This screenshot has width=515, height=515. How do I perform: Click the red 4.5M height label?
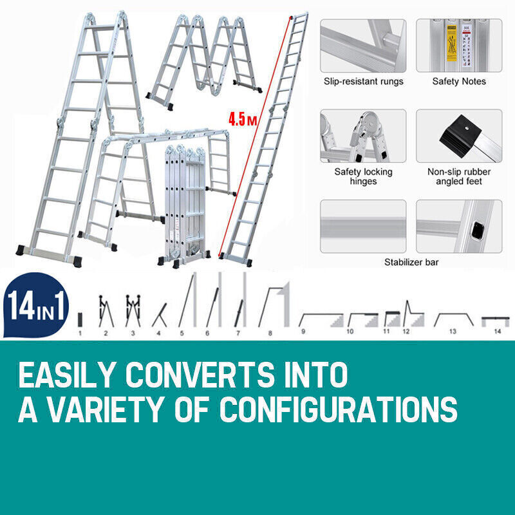pyautogui.click(x=241, y=120)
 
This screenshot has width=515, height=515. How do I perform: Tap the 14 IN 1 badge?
pyautogui.click(x=36, y=306)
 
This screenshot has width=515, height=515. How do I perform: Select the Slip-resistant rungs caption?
pyautogui.click(x=363, y=82)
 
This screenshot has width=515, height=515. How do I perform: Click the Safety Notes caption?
pyautogui.click(x=459, y=82)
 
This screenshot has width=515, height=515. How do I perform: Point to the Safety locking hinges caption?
pyautogui.click(x=363, y=176)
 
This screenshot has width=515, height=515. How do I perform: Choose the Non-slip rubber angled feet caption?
pyautogui.click(x=459, y=176)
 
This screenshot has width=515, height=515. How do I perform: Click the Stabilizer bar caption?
pyautogui.click(x=410, y=262)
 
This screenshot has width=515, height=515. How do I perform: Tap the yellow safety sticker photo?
pyautogui.click(x=458, y=45)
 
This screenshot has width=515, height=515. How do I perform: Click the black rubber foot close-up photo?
pyautogui.click(x=458, y=135)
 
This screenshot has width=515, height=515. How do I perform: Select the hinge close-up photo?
pyautogui.click(x=363, y=135)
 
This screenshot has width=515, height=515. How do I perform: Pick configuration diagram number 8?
pyautogui.click(x=273, y=306)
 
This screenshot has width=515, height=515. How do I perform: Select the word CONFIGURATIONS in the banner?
pyautogui.click(x=339, y=409)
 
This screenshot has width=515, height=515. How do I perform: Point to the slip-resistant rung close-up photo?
pyautogui.click(x=363, y=45)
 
